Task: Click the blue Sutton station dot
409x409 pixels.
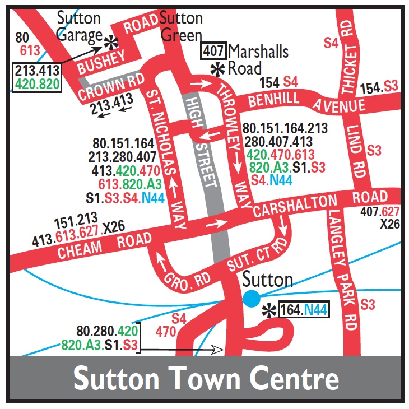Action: click(x=252, y=299)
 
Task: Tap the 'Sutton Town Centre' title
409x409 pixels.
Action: click(x=206, y=379)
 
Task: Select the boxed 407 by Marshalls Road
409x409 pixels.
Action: click(x=214, y=52)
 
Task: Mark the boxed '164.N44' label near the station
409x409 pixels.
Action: click(x=303, y=309)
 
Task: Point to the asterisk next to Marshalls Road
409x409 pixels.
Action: click(x=216, y=69)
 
